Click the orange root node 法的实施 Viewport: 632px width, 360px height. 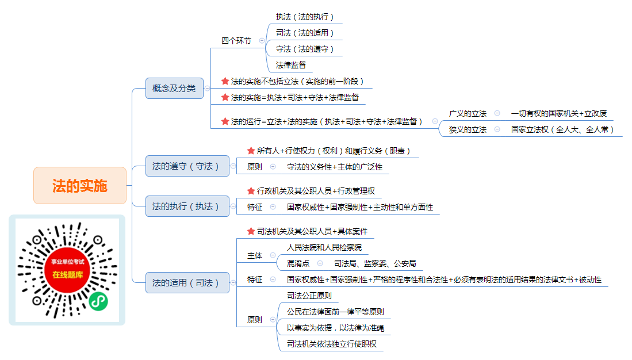80,185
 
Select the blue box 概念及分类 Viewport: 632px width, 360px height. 174,89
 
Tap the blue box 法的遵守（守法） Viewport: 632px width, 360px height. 187,166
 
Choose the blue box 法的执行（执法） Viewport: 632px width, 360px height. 187,206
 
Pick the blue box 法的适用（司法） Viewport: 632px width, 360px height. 187,282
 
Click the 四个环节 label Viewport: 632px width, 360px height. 236,41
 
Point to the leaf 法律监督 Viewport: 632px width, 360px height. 290,65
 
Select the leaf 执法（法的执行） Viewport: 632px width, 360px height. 305,17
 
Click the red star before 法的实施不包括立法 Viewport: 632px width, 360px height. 225,81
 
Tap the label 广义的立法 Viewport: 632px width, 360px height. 468,114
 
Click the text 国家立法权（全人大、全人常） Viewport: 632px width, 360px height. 562,130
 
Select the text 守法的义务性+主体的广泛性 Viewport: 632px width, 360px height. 335,167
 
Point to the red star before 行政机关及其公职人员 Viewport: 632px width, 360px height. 251,191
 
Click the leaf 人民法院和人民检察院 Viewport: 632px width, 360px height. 324,247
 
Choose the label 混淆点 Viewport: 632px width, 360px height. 298,263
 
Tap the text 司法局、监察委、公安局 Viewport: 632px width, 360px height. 375,263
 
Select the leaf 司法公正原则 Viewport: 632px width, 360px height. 309,296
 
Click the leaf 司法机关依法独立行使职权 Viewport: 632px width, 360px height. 332,344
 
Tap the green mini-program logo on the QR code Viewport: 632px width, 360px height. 98,301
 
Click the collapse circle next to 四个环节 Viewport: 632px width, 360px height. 262,41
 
